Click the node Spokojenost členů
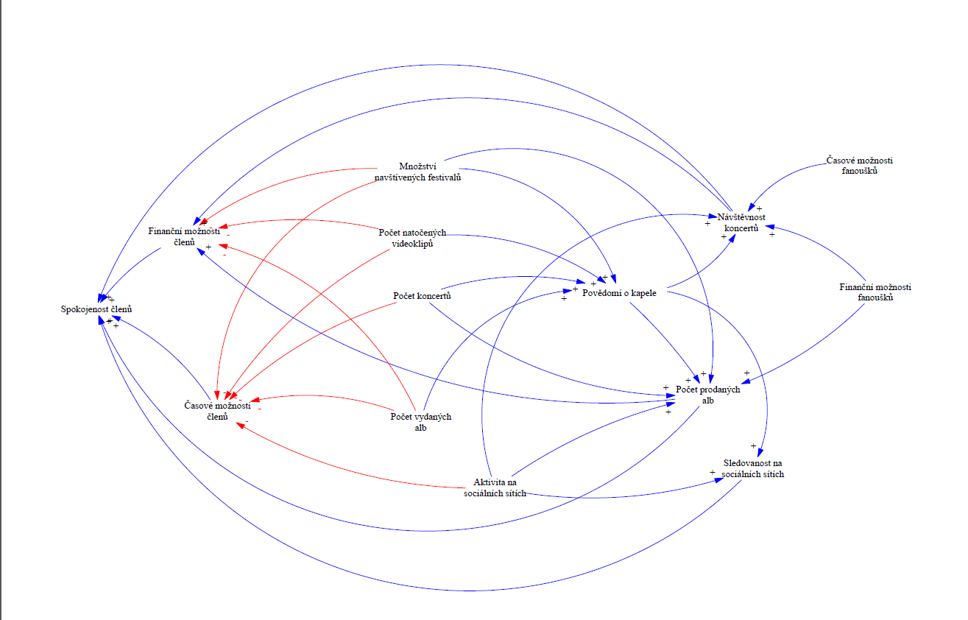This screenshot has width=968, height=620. point(96,309)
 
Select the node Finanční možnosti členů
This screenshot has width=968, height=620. point(184,236)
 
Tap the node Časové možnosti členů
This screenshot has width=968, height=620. point(217,411)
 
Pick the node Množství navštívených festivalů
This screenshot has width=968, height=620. point(417,171)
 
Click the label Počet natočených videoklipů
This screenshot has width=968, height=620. point(412,238)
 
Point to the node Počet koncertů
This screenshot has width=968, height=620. point(422,296)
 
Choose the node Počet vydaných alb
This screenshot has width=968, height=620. point(420,422)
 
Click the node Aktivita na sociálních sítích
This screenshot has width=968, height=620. point(495,487)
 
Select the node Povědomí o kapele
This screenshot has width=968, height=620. point(624,292)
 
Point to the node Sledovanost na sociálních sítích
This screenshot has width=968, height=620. point(752,468)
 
